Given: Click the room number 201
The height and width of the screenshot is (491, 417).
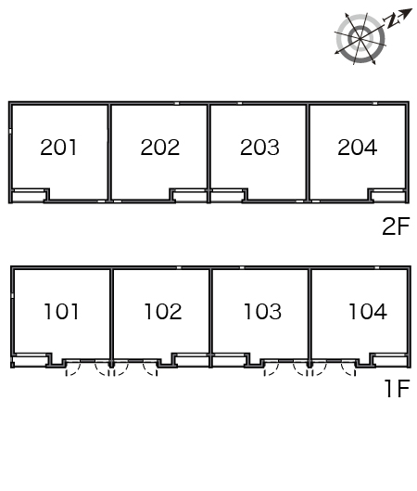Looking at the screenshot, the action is pos(58,148).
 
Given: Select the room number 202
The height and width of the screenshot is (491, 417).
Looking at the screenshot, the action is pos(160,148).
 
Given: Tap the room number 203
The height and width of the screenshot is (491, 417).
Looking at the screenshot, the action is pos(259,148).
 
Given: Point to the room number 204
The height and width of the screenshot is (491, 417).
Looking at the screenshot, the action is pos(358,148).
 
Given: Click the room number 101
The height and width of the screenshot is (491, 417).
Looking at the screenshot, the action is pos(61,312).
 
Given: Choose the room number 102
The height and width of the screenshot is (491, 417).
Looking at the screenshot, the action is pos(163,312).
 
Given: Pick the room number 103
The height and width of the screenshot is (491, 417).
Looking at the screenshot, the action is pos(262,312).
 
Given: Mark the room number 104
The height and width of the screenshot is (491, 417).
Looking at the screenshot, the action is pos(368,312).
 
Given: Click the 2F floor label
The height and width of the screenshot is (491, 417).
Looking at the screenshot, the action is pos(396,226).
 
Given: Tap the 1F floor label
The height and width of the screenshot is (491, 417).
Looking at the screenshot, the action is pos(397,389).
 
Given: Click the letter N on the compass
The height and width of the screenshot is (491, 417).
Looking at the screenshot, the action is pos(391,21).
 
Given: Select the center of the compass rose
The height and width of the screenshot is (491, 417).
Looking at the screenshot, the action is pos(360,39).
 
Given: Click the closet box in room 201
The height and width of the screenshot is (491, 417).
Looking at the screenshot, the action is pos(29,196).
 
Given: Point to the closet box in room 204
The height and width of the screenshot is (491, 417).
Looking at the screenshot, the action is pos(388,196).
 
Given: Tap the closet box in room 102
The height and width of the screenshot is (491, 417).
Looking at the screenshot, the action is pos(191,360).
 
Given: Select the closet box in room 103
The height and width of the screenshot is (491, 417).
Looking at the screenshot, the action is pos(230,360).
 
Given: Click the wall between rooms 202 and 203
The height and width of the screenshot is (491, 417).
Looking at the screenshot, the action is pos(208,152).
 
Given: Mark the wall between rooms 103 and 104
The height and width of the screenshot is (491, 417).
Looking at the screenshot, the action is pos(310,317).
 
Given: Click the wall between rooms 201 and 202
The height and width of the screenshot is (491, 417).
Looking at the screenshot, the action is pos(109,152).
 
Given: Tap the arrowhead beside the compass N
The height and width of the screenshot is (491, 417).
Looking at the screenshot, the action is pos(406,14).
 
